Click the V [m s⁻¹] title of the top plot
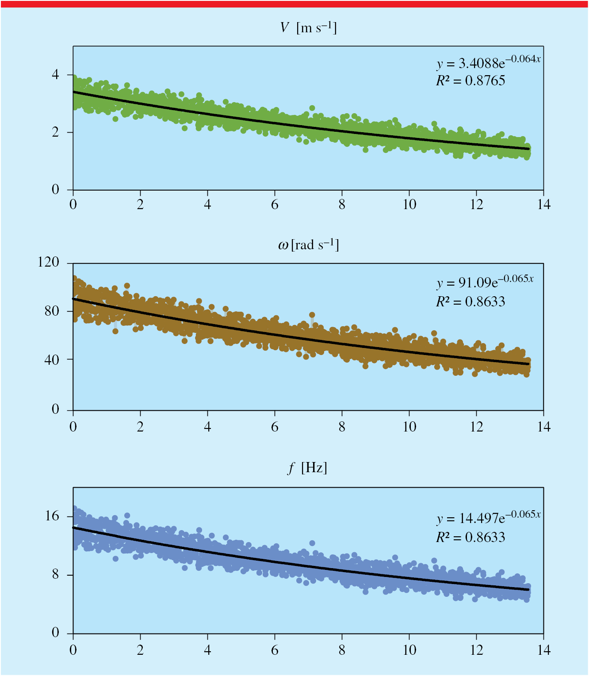pos(309,28)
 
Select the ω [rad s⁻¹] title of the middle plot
pos(309,245)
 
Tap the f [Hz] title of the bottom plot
pos(307,468)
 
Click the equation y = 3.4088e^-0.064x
pos(489,62)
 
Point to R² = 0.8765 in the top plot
pos(470,80)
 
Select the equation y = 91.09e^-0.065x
pos(485,282)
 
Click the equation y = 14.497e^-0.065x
pos(489,518)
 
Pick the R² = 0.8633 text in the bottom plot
pos(470,537)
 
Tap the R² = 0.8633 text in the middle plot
pos(470,302)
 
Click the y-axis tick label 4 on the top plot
pos(56,75)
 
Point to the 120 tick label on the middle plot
pos(48,262)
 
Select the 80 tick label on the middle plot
pos(52,311)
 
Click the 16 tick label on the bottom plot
pos(52,516)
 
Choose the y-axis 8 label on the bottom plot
pos(56,574)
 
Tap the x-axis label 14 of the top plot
pos(544,205)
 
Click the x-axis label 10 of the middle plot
pos(409,427)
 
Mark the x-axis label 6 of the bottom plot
pos(275,650)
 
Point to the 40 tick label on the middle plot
pos(52,360)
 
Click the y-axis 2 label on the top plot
pos(56,132)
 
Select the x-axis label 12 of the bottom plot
pos(476,650)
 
